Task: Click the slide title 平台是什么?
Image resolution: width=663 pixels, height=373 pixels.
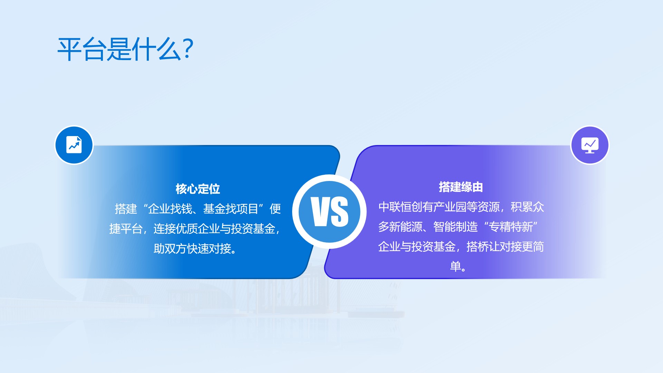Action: [125, 49]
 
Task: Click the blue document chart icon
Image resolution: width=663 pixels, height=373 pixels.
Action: [74, 145]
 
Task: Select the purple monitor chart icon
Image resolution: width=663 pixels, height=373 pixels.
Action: [590, 145]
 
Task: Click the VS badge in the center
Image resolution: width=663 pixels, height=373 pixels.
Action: [329, 211]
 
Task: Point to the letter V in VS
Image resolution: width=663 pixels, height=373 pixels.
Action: [320, 211]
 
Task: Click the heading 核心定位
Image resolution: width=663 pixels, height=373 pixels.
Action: [198, 189]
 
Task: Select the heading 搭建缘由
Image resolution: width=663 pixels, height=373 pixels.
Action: [461, 187]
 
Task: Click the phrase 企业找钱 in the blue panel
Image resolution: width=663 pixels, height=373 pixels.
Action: [170, 209]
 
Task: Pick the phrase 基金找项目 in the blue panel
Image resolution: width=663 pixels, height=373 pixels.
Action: [231, 209]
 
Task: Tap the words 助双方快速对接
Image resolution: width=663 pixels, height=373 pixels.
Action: [192, 249]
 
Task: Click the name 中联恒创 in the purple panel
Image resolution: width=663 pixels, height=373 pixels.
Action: [401, 207]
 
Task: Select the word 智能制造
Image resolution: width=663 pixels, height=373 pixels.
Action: [456, 227]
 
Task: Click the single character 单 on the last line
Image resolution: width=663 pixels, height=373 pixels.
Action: [455, 266]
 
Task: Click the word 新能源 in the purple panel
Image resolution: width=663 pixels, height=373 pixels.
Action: [406, 227]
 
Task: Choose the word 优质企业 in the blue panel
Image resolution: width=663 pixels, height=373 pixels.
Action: [198, 229]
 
